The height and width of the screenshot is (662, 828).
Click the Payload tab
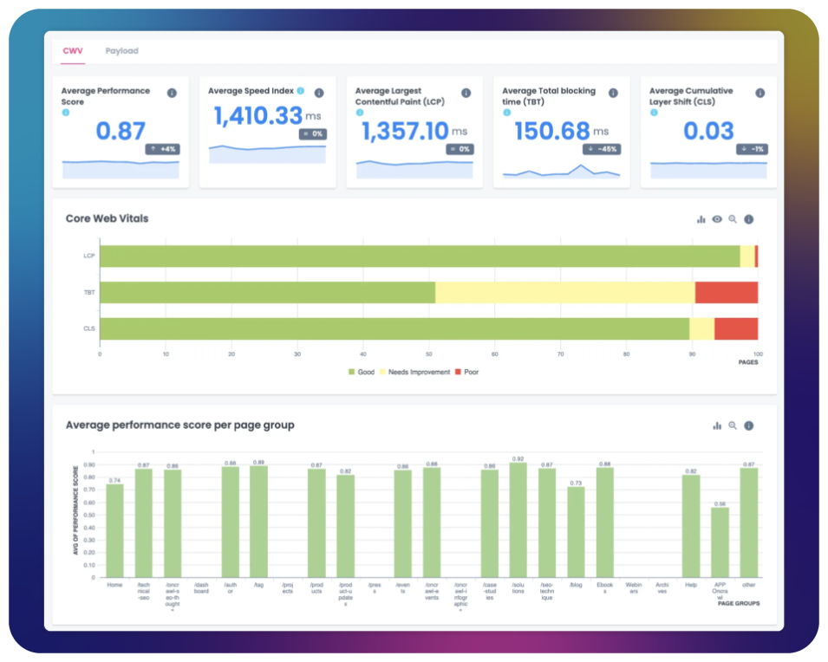click(121, 51)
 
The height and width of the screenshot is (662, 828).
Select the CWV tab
click(72, 51)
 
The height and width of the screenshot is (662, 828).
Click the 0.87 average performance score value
click(121, 131)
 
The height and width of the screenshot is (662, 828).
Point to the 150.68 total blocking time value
click(552, 131)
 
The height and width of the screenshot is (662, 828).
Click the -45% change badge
click(605, 149)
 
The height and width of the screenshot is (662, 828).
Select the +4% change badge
click(163, 149)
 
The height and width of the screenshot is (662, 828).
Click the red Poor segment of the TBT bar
click(727, 293)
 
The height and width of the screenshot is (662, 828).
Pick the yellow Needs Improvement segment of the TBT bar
click(564, 293)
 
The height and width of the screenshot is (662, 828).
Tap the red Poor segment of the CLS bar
click(736, 329)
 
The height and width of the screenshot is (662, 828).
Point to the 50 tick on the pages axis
click(428, 354)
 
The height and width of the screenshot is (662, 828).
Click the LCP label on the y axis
click(88, 256)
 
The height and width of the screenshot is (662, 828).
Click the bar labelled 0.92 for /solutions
click(518, 520)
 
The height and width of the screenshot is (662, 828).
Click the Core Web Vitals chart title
click(107, 218)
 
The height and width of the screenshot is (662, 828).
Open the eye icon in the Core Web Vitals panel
click(717, 219)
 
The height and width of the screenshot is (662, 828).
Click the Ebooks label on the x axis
click(605, 588)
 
